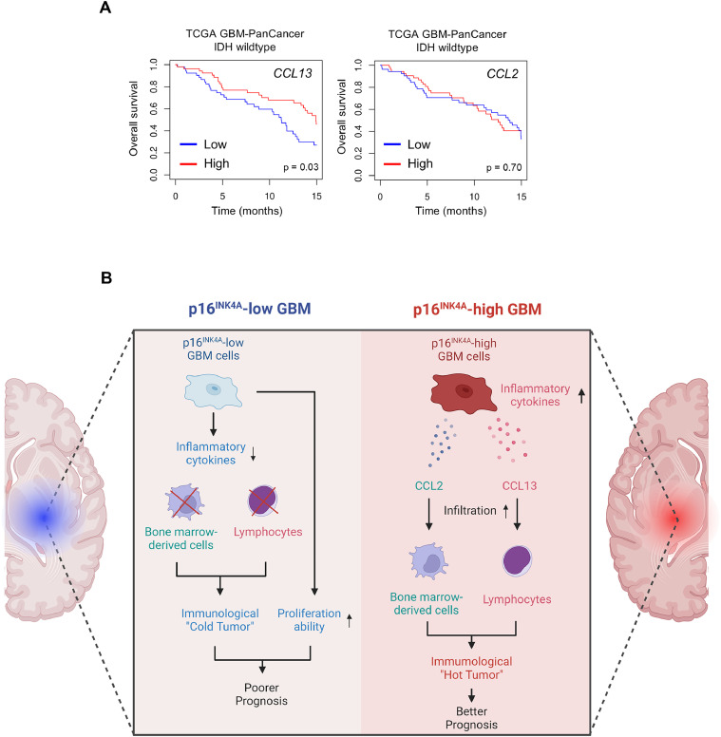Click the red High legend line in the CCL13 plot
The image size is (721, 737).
coord(192,164)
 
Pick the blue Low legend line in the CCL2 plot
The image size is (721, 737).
coord(394,145)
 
